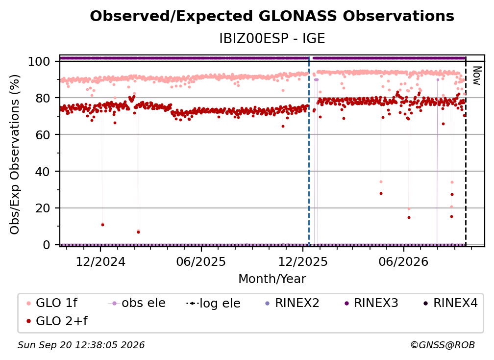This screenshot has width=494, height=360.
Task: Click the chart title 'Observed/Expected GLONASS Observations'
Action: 272,16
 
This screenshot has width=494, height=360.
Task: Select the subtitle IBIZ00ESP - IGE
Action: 272,38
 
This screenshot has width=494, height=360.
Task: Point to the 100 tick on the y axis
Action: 39,61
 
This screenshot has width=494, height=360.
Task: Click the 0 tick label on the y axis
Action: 47,245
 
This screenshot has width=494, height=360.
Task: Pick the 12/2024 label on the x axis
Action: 100,261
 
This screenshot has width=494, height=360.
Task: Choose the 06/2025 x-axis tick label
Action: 201,261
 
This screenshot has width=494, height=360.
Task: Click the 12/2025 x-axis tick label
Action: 303,261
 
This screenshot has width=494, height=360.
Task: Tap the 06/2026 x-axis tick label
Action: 404,261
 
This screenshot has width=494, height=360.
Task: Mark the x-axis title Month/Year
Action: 272,279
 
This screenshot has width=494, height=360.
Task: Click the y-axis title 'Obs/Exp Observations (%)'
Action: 15,154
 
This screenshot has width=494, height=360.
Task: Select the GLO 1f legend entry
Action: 52,303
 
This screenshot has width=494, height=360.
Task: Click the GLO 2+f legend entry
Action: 57,321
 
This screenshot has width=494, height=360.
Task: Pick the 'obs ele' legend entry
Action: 137,303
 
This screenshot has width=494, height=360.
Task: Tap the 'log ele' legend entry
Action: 213,303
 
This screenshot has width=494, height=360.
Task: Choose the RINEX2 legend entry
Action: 292,303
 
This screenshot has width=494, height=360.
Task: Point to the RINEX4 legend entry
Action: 450,303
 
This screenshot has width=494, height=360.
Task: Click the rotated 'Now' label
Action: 477,76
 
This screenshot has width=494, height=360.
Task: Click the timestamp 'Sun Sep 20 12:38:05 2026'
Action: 81,345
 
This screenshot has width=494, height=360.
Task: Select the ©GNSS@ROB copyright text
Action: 443,345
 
